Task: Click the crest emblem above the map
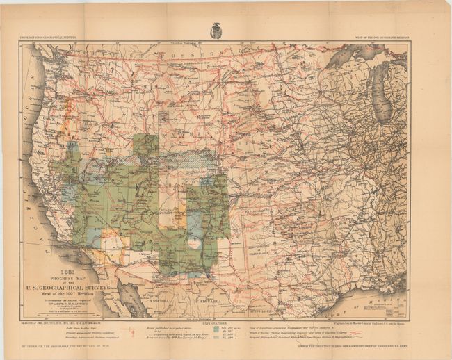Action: point(215,31)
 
